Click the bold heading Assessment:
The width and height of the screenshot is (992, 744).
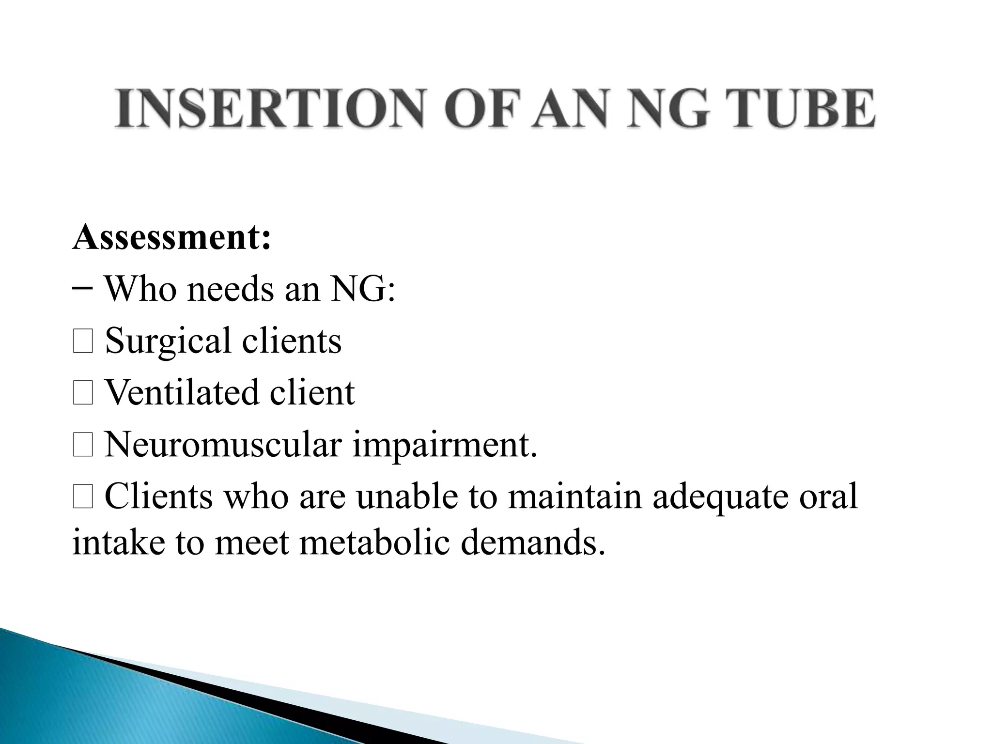pyautogui.click(x=171, y=237)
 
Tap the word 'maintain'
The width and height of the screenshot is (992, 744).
pyautogui.click(x=574, y=496)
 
